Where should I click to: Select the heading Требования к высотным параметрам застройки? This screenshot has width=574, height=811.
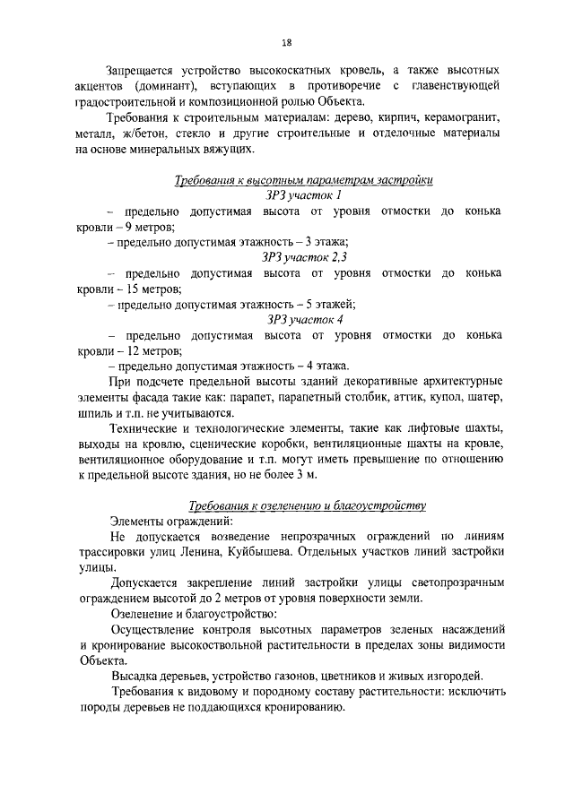point(304,181)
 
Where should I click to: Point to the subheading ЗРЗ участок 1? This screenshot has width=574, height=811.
point(304,195)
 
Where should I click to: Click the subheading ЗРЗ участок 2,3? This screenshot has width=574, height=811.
point(304,257)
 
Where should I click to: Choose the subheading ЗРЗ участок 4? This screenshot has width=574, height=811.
point(304,319)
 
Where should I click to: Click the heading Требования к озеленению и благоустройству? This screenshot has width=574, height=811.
point(304,505)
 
